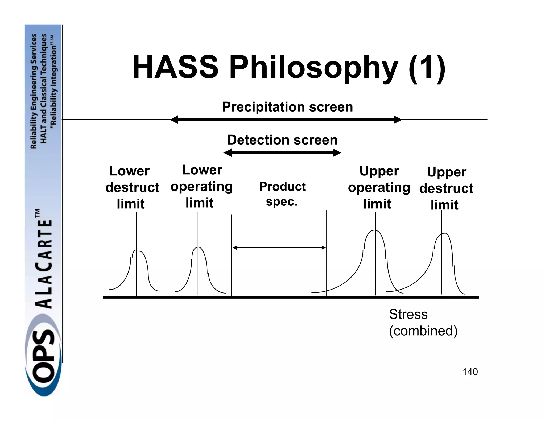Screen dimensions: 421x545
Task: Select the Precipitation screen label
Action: (287, 107)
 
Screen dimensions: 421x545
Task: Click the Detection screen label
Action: (282, 140)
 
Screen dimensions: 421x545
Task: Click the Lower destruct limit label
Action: (132, 187)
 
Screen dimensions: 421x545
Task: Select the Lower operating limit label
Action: (201, 186)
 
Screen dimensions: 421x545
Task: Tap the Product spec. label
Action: (282, 194)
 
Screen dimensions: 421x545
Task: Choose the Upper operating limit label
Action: (379, 187)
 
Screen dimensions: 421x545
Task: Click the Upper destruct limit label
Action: (446, 188)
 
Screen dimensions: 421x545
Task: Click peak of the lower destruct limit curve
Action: (137, 250)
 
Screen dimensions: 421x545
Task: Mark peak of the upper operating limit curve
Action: (375, 230)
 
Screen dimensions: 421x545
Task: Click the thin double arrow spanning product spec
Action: (279, 248)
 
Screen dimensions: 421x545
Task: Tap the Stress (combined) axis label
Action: (423, 323)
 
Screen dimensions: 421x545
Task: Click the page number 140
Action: (470, 372)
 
